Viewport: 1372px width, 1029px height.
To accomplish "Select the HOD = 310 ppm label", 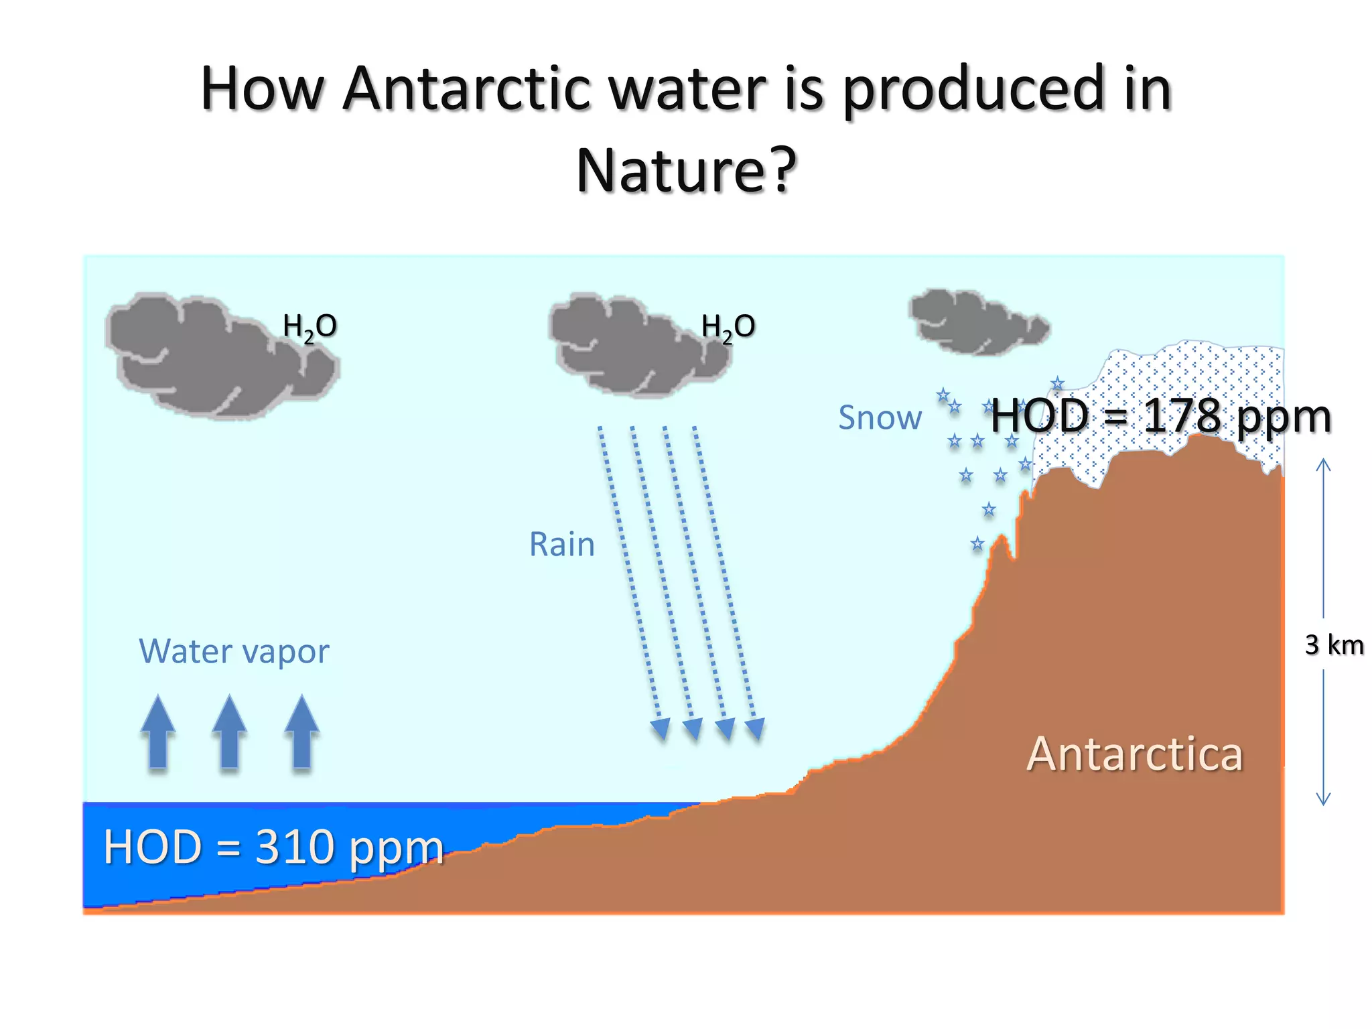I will [x=273, y=847].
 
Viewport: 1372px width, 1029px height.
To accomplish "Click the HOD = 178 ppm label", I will [x=1160, y=416].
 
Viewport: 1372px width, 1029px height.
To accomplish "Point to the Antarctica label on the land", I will [x=1134, y=754].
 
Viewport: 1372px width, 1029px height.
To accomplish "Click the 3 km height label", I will [x=1334, y=645].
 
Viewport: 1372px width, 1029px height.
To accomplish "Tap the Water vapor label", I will [x=234, y=651].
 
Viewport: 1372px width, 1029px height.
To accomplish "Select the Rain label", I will [x=561, y=544].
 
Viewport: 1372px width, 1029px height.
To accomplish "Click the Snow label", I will [x=880, y=418].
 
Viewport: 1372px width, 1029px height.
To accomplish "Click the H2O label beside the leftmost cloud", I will [x=310, y=327].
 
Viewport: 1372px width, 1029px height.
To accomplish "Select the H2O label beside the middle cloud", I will [x=728, y=327].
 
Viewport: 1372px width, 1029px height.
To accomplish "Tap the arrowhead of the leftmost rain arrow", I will [x=660, y=729].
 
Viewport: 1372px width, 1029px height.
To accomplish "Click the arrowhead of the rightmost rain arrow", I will [x=755, y=729].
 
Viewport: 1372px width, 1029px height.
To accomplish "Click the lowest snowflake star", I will [x=977, y=544].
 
